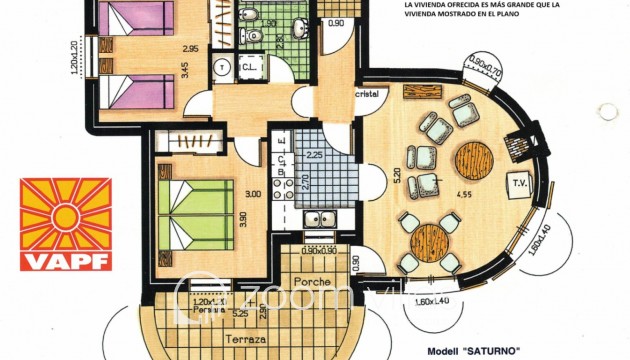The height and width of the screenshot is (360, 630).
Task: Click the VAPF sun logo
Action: coord(67,218)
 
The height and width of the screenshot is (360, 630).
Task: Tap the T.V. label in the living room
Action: coord(520,185)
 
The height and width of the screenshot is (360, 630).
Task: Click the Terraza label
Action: coord(245,339)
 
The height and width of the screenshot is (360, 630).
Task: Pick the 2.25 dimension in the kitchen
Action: coord(313,155)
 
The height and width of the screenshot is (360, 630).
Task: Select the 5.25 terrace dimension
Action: coord(240,314)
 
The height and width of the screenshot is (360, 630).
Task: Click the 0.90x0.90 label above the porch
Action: coord(319,250)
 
